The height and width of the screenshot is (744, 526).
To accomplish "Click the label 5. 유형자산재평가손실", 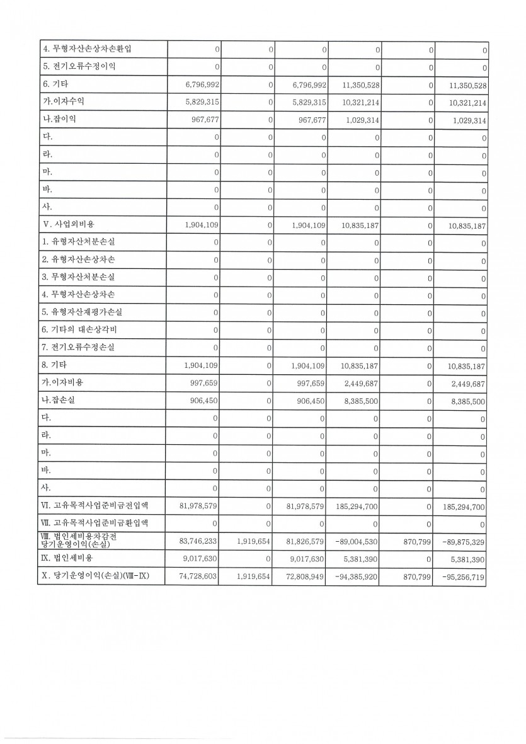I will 83,312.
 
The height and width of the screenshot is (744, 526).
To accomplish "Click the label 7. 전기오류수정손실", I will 79,347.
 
